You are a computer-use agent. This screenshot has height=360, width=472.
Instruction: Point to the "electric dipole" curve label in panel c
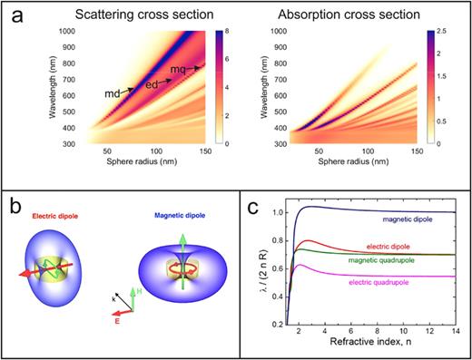[396, 247]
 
